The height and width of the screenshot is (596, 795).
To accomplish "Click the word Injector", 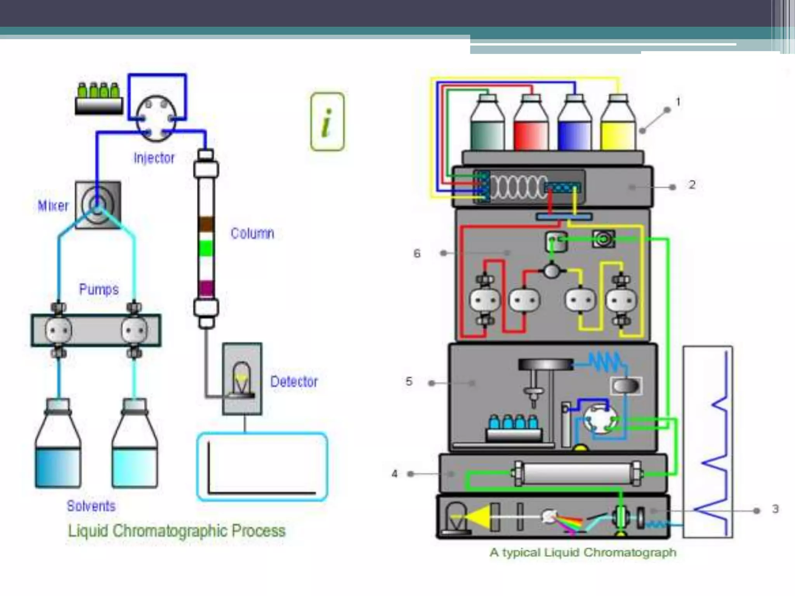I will (154, 158).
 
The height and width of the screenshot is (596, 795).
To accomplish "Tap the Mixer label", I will (53, 206).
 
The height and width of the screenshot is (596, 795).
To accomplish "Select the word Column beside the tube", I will (252, 233).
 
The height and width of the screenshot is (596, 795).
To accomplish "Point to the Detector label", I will (294, 382).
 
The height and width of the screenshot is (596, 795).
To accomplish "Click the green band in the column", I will (206, 248).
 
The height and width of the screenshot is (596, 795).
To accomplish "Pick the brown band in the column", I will (206, 224).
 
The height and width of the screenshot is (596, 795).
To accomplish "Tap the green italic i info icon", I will (327, 122).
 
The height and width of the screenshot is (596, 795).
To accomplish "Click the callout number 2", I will (692, 185).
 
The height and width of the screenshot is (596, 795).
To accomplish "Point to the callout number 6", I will (417, 254).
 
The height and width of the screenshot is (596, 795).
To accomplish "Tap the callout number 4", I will (395, 474).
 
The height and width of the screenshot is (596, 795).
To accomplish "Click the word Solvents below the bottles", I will (91, 506).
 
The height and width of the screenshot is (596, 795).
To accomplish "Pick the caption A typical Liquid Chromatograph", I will (583, 552).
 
